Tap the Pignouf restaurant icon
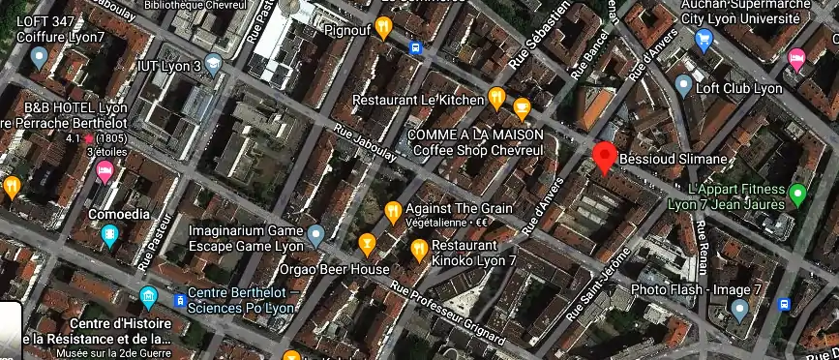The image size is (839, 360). coord(383,28)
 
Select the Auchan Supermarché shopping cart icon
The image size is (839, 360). coord(704,39)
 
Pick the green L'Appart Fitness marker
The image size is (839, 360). coord(797,195)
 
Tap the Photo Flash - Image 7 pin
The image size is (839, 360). coord(740,310)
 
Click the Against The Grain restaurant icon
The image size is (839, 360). coord(393,210)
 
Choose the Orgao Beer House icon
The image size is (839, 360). coord(366,242)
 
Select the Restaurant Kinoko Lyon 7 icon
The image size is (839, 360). coord(418,250)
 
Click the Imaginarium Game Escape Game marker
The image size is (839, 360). coord(315,232)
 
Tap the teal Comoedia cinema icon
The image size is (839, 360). coord(110,233)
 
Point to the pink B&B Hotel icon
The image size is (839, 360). coord(105,172)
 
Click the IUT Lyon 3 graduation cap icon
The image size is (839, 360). coord(213,65)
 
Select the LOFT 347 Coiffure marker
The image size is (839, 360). coord(39,56)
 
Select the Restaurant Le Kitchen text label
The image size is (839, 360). coord(417,100)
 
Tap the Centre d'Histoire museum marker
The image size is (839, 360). coord(148,295)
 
